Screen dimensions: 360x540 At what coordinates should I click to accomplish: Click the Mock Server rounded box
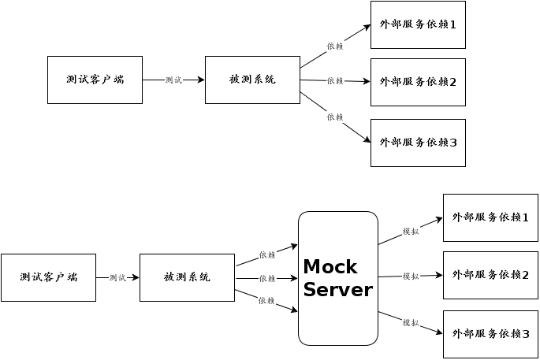tap(337, 278)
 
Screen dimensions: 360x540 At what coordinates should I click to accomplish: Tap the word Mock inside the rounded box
tap(330, 266)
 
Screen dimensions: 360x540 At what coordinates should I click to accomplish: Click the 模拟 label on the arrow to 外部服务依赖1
tap(410, 231)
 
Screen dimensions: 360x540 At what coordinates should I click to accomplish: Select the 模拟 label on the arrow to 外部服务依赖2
tap(410, 276)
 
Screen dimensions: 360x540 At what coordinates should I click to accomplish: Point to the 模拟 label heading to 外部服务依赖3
tap(410, 322)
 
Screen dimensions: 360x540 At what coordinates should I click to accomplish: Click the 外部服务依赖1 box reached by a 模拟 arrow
tap(490, 217)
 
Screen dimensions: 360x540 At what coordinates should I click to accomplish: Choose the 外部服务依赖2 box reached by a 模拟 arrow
tap(490, 275)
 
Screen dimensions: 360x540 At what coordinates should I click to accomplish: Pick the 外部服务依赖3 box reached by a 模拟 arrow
tap(490, 334)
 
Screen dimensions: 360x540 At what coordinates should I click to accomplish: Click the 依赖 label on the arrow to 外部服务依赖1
tap(335, 46)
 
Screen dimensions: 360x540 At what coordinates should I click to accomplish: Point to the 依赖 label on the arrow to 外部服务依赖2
tap(335, 80)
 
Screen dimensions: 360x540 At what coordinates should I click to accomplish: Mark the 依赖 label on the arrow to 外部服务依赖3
tap(335, 117)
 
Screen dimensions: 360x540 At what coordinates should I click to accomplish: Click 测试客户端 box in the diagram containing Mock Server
tap(48, 277)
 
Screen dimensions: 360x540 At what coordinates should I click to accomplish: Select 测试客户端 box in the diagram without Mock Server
tap(95, 80)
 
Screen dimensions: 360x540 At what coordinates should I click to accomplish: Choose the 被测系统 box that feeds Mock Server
tap(187, 277)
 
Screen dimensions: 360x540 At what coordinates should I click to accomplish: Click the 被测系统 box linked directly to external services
tap(252, 80)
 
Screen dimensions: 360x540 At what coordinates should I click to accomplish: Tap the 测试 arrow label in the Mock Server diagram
tap(117, 277)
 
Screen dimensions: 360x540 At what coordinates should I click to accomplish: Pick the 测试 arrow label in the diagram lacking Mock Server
tap(173, 80)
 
